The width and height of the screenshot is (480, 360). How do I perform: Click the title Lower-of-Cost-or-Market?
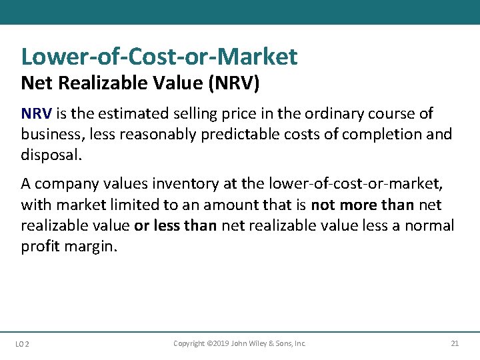click(159, 57)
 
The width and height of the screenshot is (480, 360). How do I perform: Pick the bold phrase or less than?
click(175, 225)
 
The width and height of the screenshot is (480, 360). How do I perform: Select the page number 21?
click(455, 343)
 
